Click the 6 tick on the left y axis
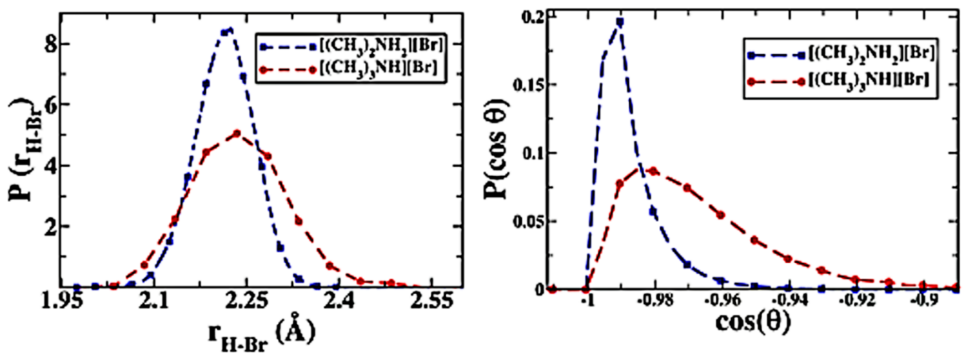48,105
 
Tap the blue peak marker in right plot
620,21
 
